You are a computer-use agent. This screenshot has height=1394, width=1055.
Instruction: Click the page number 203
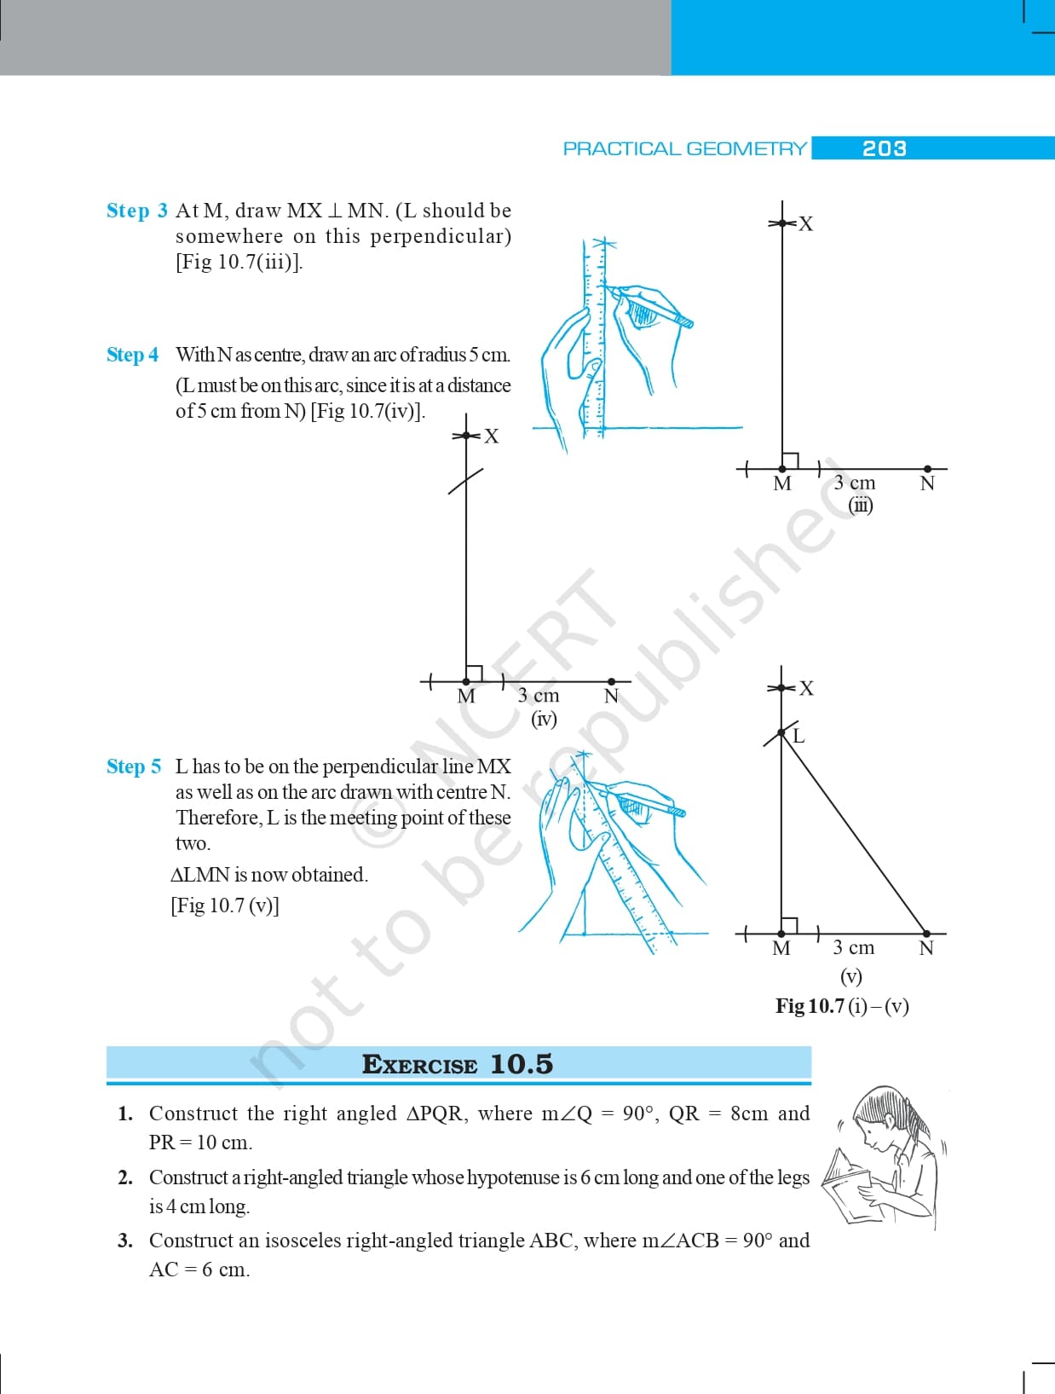(x=884, y=148)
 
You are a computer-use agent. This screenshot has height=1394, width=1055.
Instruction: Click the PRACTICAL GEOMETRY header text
(x=684, y=149)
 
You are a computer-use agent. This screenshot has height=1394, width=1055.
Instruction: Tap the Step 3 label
(x=136, y=211)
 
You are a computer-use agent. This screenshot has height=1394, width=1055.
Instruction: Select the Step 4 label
(x=132, y=355)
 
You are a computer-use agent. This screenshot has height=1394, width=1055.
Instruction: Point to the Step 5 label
(x=133, y=766)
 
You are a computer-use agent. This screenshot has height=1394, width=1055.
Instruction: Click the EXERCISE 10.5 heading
(x=458, y=1064)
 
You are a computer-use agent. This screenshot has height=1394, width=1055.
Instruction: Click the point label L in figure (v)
(x=798, y=736)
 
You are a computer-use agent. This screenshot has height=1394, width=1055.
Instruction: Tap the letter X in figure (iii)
(x=805, y=224)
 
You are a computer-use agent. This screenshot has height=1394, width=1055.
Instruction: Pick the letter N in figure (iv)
(x=611, y=697)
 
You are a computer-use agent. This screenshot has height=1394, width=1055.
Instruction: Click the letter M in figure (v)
(x=781, y=948)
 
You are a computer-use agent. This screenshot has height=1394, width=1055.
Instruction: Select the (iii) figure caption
(x=861, y=505)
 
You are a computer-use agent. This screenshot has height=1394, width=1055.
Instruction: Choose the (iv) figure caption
(x=544, y=719)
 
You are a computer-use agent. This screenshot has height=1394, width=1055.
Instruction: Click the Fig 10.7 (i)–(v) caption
(x=842, y=1006)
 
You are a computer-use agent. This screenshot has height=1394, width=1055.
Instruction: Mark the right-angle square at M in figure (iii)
(x=790, y=460)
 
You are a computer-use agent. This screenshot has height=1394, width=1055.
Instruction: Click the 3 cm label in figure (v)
(x=853, y=947)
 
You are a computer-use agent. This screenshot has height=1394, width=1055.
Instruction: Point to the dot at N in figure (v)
(x=926, y=934)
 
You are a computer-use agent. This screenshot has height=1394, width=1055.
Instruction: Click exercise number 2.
(x=125, y=1177)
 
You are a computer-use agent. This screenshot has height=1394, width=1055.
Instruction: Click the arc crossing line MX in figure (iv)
(x=466, y=481)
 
